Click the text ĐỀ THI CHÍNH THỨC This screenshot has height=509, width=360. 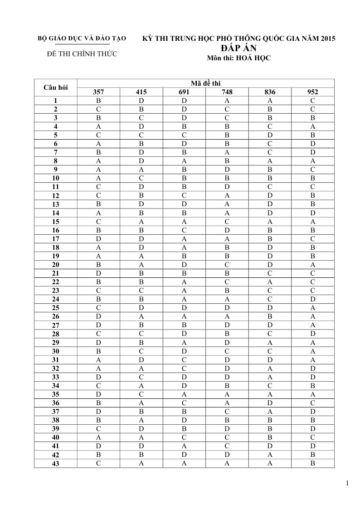pyautogui.click(x=82, y=54)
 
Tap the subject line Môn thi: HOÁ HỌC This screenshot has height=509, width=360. pyautogui.click(x=238, y=58)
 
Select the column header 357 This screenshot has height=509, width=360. pyautogui.click(x=98, y=92)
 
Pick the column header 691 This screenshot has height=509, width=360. pyautogui.click(x=184, y=92)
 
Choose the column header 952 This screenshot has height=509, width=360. pyautogui.click(x=313, y=92)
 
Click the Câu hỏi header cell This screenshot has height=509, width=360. pyautogui.click(x=55, y=87)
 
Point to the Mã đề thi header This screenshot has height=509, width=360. pyautogui.click(x=205, y=83)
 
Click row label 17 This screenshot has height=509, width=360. pyautogui.click(x=55, y=238)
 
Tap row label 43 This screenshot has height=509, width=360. pyautogui.click(x=55, y=463)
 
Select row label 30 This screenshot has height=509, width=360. pyautogui.click(x=55, y=351)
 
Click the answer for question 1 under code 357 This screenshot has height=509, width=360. pyautogui.click(x=98, y=101)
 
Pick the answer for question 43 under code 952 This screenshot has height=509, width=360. pyautogui.click(x=313, y=463)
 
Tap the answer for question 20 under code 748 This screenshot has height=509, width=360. pyautogui.click(x=227, y=265)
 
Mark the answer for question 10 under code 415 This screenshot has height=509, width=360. pyautogui.click(x=141, y=178)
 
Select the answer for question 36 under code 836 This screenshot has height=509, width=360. pyautogui.click(x=270, y=402)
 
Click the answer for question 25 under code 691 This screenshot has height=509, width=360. pyautogui.click(x=184, y=308)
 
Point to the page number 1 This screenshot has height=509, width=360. pyautogui.click(x=347, y=483)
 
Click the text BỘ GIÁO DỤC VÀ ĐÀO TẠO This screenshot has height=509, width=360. pyautogui.click(x=82, y=39)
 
